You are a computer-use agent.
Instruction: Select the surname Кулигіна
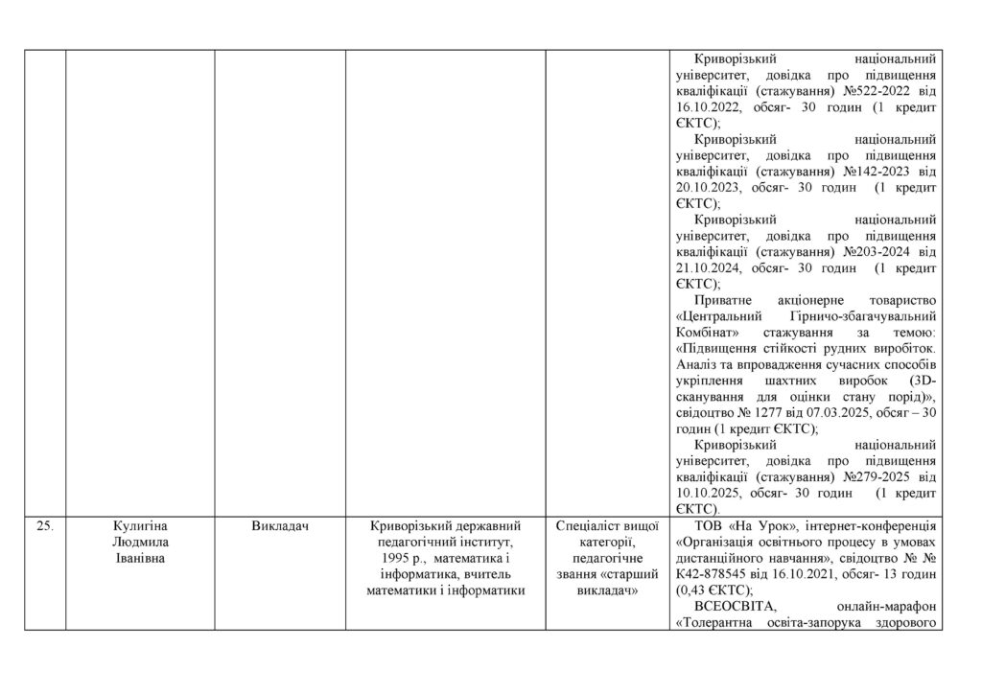click(x=141, y=525)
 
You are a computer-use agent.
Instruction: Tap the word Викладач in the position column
click(x=280, y=525)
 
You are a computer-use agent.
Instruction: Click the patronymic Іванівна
click(x=141, y=558)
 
